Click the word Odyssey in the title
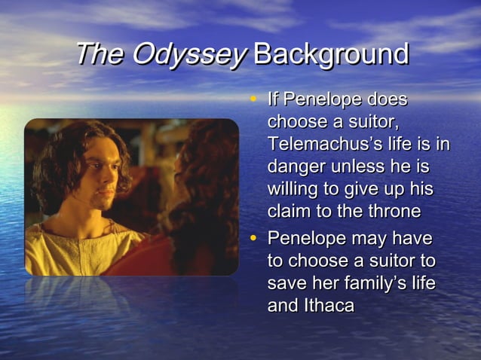[x=189, y=54]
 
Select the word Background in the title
[x=332, y=54]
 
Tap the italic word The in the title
[x=101, y=54]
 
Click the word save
[x=287, y=284]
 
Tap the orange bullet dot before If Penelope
[x=255, y=99]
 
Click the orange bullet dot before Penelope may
[x=255, y=238]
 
